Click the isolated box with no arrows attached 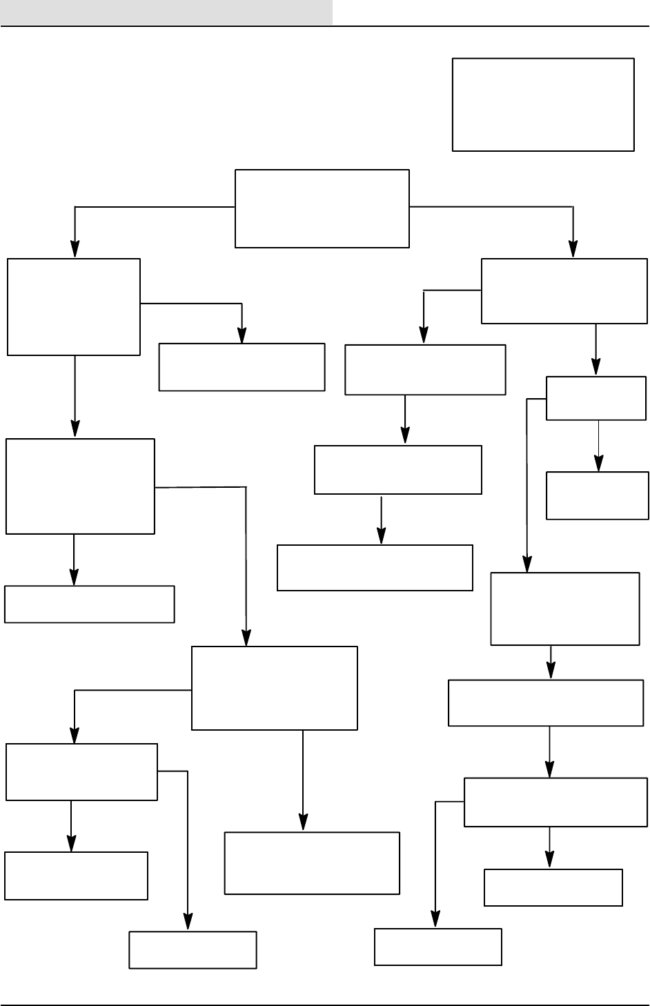[543, 104]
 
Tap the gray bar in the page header [166, 12]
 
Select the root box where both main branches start [322, 208]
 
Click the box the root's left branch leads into [74, 307]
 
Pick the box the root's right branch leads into [564, 291]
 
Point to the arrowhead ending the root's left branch [75, 250]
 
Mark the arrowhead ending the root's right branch [573, 250]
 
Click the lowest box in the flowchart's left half [193, 950]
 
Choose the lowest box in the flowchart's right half [437, 947]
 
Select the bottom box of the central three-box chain [375, 568]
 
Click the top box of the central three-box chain [425, 370]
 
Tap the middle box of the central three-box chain [397, 470]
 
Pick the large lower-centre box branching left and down [274, 688]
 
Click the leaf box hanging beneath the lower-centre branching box [312, 863]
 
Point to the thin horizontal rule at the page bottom [325, 1005]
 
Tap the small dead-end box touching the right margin [597, 495]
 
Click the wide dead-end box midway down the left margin [89, 604]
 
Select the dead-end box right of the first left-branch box [242, 367]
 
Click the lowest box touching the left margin [76, 876]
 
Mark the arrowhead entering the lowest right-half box [435, 920]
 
